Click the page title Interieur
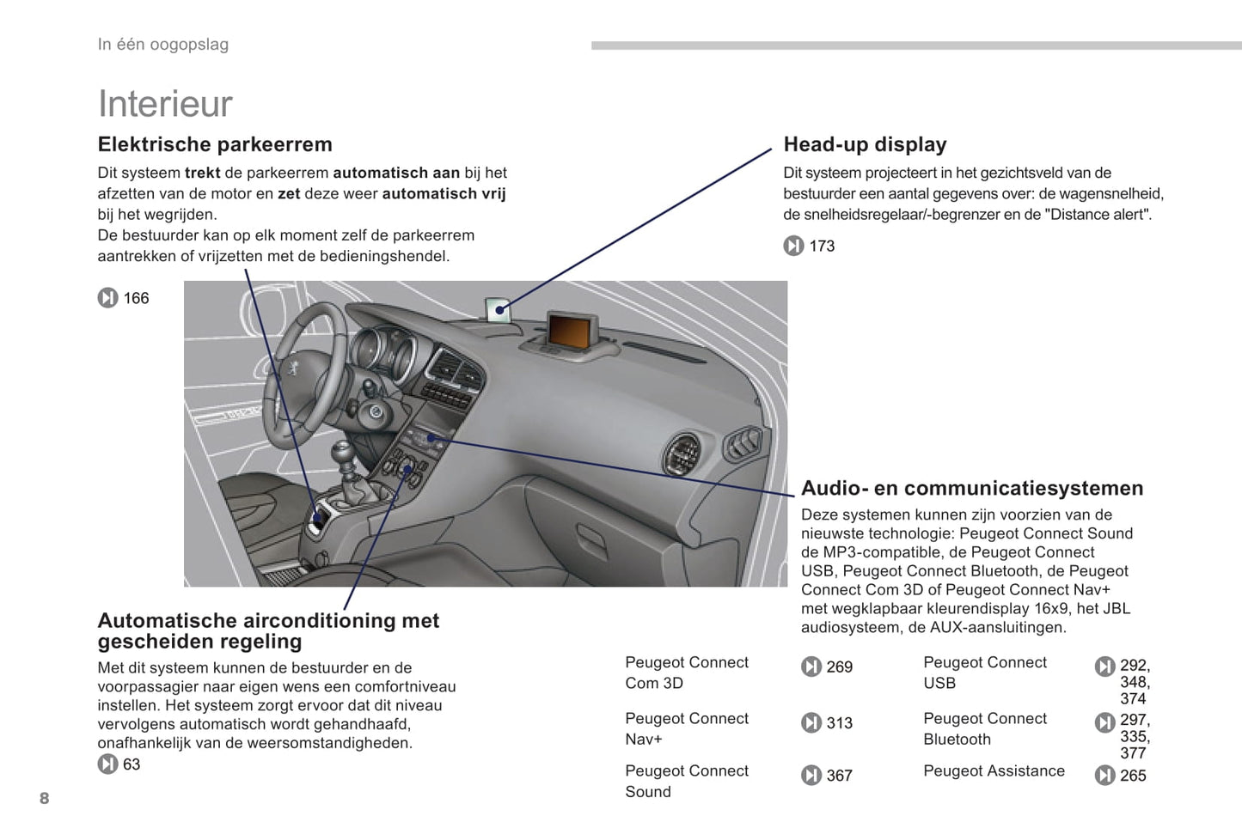click(x=165, y=104)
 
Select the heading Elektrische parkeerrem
click(x=215, y=144)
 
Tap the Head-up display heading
click(x=865, y=144)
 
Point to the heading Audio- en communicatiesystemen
click(x=972, y=488)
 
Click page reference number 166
click(x=136, y=298)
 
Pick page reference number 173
click(x=822, y=246)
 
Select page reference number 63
click(x=132, y=764)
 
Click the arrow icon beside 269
click(x=811, y=667)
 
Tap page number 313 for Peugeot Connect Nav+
click(x=839, y=723)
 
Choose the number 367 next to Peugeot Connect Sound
click(x=839, y=776)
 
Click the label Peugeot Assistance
click(x=994, y=770)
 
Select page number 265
click(x=1133, y=776)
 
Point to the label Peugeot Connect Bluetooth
click(x=985, y=728)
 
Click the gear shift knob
click(x=344, y=451)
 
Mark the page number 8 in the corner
click(x=45, y=798)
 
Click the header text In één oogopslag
click(x=163, y=45)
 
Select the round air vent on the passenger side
click(x=684, y=453)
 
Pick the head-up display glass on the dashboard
click(x=498, y=309)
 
